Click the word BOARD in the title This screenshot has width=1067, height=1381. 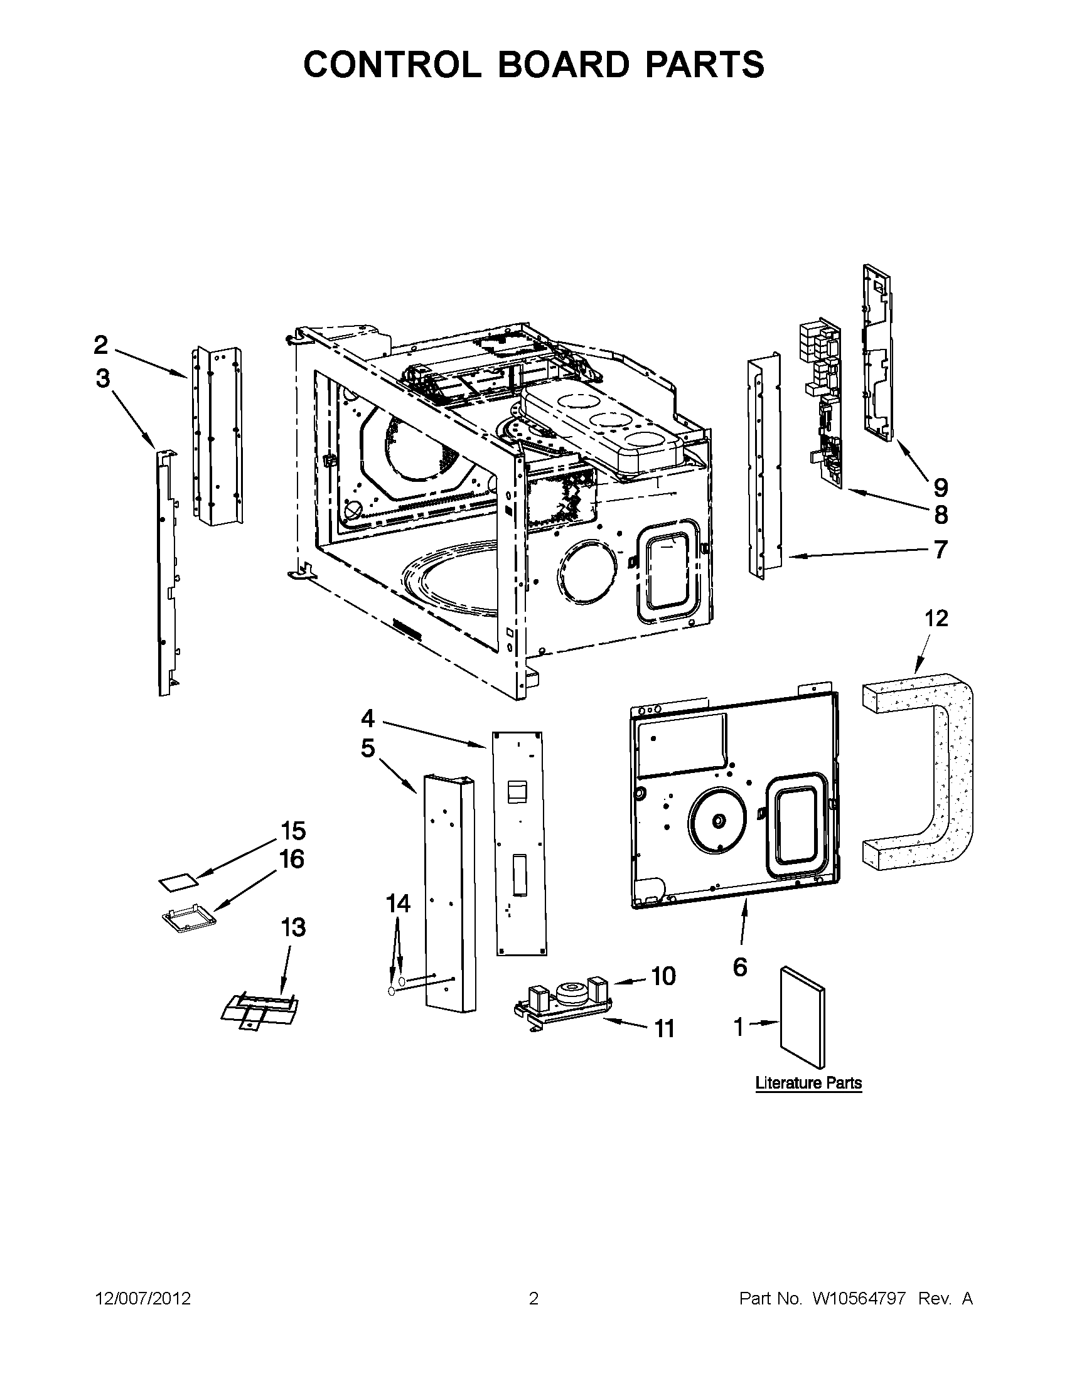tap(564, 65)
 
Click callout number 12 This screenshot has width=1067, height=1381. tap(936, 618)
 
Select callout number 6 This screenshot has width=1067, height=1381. tap(740, 967)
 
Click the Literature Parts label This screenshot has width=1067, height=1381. tap(808, 1082)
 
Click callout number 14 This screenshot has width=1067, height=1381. tap(398, 904)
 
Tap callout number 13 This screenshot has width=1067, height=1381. tap(293, 927)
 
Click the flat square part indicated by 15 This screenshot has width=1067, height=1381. tap(178, 883)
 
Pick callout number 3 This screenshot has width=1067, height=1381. tap(102, 379)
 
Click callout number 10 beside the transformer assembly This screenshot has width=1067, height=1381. tap(663, 976)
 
